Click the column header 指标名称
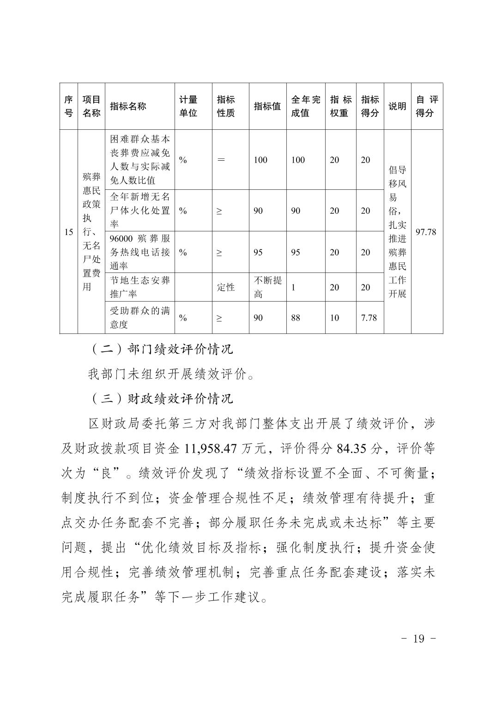[x=128, y=106]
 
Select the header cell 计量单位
[x=188, y=106]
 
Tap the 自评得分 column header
[x=427, y=106]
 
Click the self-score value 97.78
[x=426, y=232]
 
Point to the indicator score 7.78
[x=369, y=318]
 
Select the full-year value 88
[x=296, y=318]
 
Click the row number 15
[x=68, y=232]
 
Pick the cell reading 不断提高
[x=267, y=287]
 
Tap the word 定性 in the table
[x=226, y=287]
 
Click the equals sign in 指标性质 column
[x=221, y=160]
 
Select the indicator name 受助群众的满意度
[x=139, y=318]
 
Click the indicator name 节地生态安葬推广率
[x=139, y=287]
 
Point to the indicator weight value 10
[x=334, y=318]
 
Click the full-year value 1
[x=293, y=287]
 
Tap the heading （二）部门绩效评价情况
[x=161, y=349]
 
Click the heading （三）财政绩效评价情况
[x=161, y=399]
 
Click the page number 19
[x=418, y=639]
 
